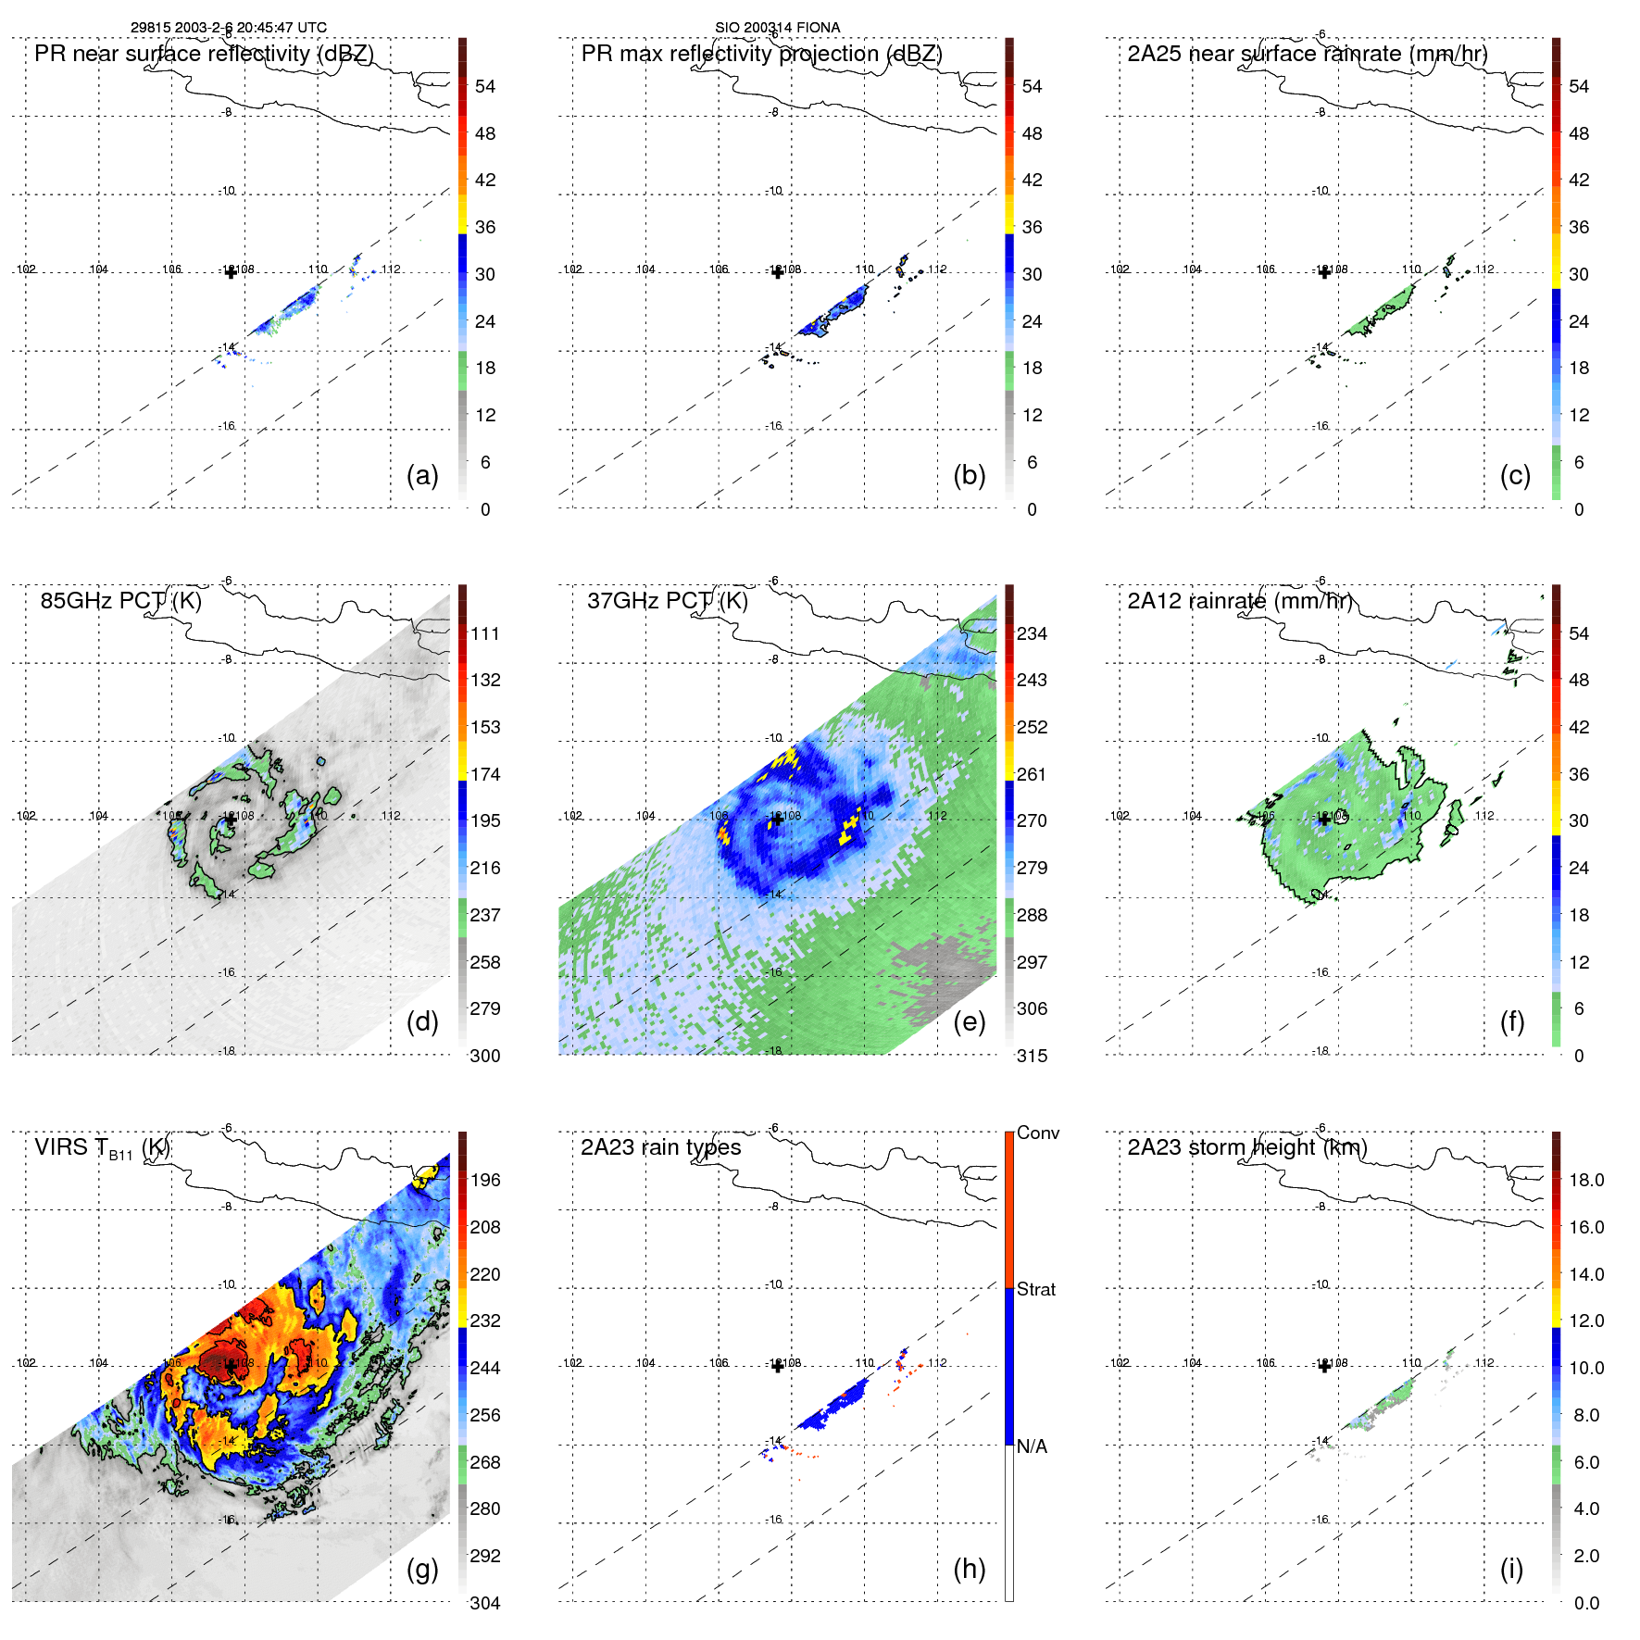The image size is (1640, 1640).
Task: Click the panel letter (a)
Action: tap(421, 476)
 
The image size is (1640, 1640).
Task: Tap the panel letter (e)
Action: tap(969, 1022)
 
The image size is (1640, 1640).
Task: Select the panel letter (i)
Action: tap(1511, 1569)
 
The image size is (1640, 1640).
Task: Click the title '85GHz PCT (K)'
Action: tap(120, 600)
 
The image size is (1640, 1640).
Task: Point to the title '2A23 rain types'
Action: tap(660, 1147)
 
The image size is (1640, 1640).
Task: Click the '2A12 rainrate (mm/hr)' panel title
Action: tap(1240, 600)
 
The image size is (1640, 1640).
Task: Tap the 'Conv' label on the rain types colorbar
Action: tap(1037, 1133)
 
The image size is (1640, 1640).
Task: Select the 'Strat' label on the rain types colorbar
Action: tap(1035, 1289)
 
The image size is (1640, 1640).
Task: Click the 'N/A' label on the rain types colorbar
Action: tap(1032, 1446)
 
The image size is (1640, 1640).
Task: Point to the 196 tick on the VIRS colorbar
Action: tap(484, 1180)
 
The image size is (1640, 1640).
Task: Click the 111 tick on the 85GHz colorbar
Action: tap(484, 633)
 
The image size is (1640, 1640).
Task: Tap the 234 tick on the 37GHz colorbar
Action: tap(1032, 633)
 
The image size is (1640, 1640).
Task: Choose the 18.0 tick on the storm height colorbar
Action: tap(1585, 1180)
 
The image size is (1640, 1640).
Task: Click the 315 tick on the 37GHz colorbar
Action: tap(1032, 1056)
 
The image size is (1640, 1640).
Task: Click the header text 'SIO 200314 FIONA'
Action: tap(777, 28)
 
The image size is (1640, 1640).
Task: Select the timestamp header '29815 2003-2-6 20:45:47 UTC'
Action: tap(228, 28)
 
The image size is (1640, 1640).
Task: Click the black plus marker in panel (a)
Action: tap(231, 272)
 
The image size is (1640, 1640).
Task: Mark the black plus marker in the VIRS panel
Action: tap(231, 1366)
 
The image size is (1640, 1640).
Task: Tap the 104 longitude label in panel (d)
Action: tap(98, 816)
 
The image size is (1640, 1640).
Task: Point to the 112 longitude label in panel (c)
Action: tap(1484, 269)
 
